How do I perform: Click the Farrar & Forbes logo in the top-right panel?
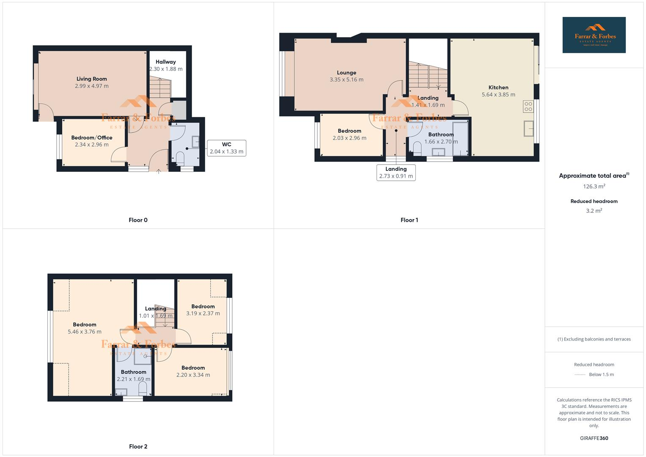coord(594,35)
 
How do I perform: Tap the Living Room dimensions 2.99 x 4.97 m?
coord(92,86)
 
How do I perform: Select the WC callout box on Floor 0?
coord(226,148)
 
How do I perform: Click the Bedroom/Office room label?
coord(92,138)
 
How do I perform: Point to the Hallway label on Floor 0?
coord(165,62)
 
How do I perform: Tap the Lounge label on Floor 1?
coord(346,73)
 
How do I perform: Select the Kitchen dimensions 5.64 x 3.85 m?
coord(498,95)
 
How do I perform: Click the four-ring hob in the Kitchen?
coord(528,106)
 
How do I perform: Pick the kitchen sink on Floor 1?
coord(528,128)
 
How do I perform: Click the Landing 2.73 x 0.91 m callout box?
coord(396,173)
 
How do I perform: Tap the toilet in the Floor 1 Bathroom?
coord(417,148)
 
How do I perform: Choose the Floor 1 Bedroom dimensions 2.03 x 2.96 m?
coord(349,138)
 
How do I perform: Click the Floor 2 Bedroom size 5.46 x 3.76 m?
coord(85,332)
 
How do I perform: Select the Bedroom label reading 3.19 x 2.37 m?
coord(203,306)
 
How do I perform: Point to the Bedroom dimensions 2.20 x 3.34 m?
coord(193,375)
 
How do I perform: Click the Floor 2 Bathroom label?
coord(133,372)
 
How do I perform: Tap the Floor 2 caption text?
coord(138,446)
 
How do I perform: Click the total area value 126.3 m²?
coord(594,186)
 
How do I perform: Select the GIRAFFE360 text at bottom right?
coord(594,438)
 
